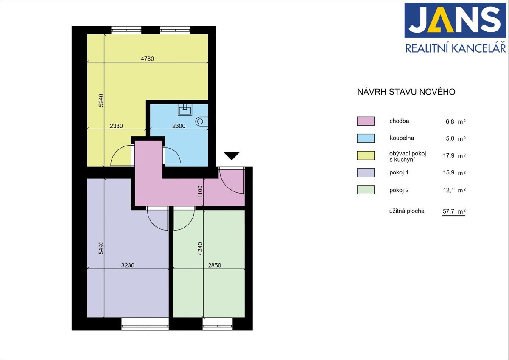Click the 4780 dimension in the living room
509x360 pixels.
pos(147,59)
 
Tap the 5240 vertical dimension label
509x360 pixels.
pos(101,100)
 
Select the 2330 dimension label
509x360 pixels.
pos(116,126)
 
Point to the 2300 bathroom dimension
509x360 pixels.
pos(179,126)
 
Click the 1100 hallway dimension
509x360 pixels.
pos(200,192)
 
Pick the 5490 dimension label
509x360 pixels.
pos(101,247)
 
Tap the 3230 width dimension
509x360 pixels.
pos(128,265)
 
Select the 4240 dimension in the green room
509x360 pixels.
pos(200,249)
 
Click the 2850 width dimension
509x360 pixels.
pos(214,265)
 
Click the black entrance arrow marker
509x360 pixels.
pos(232,155)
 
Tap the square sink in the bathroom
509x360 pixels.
pos(185,110)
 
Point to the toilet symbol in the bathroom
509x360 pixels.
pos(201,121)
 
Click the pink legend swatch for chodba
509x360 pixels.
pos(366,121)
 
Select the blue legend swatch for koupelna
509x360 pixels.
pos(366,138)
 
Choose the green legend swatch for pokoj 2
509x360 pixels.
pos(366,190)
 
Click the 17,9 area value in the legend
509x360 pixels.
pos(449,155)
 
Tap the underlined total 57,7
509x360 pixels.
pos(448,211)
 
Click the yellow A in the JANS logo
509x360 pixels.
pos(441,20)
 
